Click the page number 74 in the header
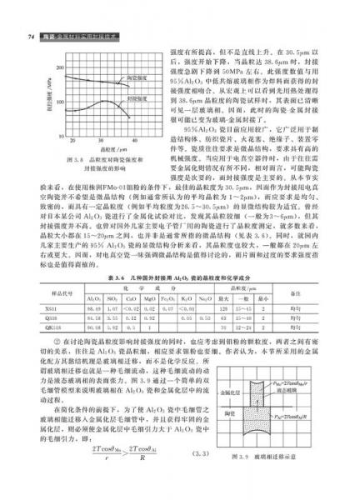pos(30,36)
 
